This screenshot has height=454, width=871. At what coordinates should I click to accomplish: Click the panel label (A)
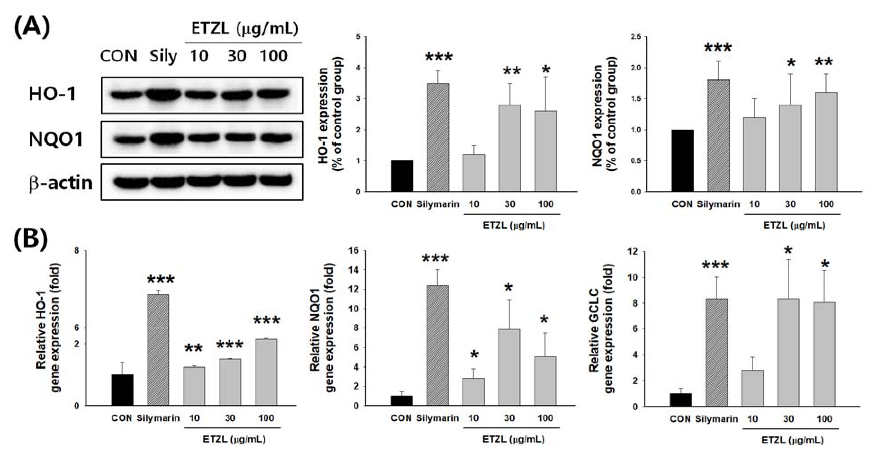(32, 28)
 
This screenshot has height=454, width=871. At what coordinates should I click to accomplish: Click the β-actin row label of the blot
(61, 183)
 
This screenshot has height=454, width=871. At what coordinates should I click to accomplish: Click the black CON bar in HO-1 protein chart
(402, 176)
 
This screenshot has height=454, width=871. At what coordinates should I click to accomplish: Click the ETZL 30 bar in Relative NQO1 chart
(510, 367)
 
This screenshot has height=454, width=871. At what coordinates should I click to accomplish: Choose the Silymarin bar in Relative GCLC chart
(717, 352)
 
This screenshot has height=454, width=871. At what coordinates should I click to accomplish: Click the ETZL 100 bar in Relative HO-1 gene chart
(266, 372)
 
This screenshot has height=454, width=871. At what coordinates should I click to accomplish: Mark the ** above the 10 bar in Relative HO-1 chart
(194, 349)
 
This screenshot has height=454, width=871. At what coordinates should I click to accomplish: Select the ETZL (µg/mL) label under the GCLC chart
(792, 440)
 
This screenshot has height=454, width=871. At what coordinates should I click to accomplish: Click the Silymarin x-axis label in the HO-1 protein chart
(438, 204)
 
